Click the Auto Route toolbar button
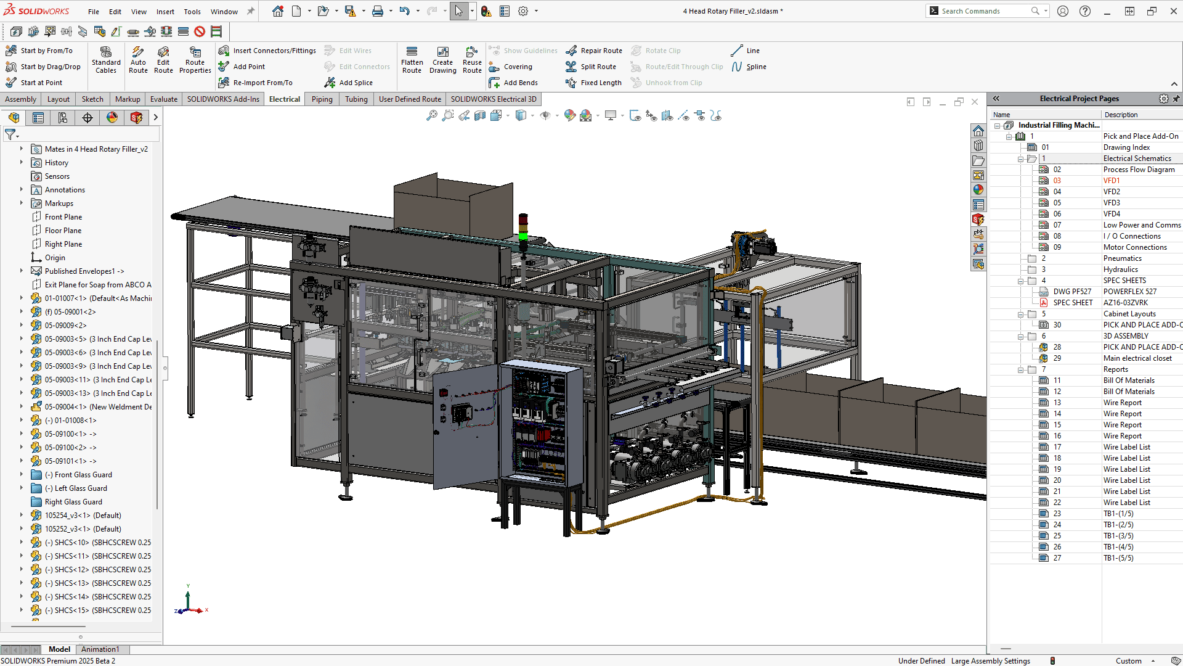click(x=138, y=59)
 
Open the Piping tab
click(x=322, y=99)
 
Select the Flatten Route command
click(x=412, y=59)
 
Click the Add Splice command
click(x=356, y=83)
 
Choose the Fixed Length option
click(x=600, y=83)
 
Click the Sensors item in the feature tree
click(x=57, y=176)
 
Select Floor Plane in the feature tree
click(x=63, y=231)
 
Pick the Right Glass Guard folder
click(x=73, y=502)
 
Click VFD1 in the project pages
click(x=1112, y=181)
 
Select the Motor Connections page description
click(x=1135, y=247)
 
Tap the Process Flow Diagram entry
click(x=1139, y=170)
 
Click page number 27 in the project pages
click(x=1057, y=558)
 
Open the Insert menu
click(x=165, y=11)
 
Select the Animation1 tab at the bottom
click(x=100, y=649)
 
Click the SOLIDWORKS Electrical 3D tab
click(x=493, y=99)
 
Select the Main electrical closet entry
click(x=1137, y=358)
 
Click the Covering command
click(x=518, y=67)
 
